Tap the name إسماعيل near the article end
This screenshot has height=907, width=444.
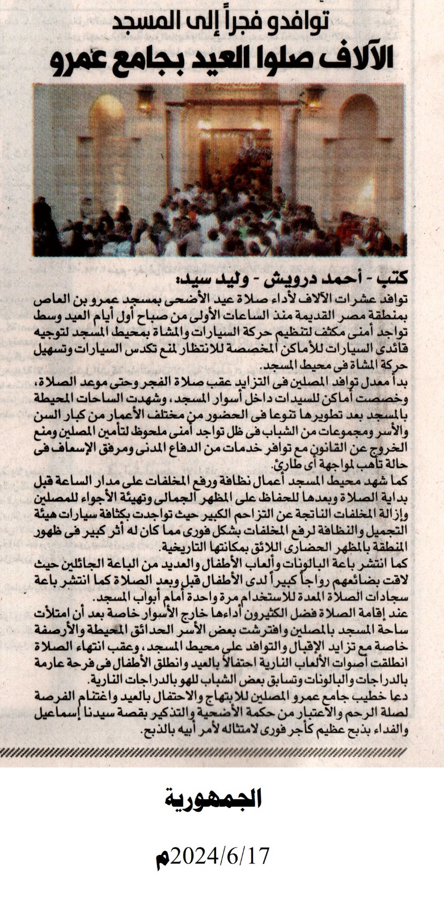coord(57,720)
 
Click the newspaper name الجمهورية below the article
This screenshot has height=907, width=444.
coord(213,799)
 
